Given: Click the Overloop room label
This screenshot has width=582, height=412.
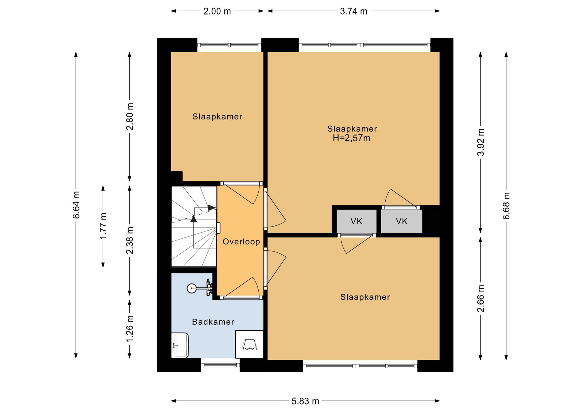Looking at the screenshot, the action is (x=241, y=241).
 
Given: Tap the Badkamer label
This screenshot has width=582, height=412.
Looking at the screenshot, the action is (x=213, y=322).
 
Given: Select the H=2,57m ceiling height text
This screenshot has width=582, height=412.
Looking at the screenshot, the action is (x=352, y=138).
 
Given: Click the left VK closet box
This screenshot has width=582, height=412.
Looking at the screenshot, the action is (x=356, y=221).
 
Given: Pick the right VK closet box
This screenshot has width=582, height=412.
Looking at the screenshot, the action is (x=402, y=221).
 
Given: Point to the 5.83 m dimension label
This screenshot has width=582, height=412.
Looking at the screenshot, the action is (x=305, y=401).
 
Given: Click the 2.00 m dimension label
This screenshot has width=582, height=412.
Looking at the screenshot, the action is (x=217, y=11).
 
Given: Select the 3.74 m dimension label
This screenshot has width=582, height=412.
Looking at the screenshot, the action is (x=353, y=11).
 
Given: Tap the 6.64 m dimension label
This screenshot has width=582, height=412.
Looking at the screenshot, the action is (x=76, y=205).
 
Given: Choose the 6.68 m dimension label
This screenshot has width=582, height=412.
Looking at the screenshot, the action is (x=506, y=206).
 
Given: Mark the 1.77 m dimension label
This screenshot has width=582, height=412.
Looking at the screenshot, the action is (x=103, y=226).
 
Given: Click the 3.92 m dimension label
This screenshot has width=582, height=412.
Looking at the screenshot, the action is (x=480, y=142).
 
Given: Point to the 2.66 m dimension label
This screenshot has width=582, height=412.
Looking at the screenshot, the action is (x=480, y=299).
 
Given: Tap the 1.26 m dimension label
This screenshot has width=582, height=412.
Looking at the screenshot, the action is (x=130, y=329).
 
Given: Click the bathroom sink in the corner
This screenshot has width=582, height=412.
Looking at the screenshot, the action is (x=180, y=345).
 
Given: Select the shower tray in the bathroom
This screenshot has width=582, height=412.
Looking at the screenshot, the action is (x=249, y=344).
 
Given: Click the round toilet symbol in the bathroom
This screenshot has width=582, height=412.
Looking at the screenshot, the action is (x=192, y=288).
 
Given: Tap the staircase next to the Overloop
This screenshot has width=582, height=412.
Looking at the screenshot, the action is (x=194, y=226).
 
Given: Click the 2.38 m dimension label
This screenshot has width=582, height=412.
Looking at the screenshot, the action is (x=130, y=240).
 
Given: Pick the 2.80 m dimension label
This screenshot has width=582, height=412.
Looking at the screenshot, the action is (x=130, y=117).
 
